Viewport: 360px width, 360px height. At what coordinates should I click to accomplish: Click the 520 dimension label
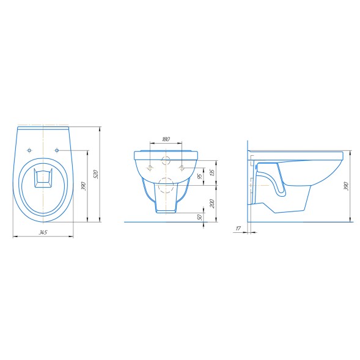(x=97, y=174)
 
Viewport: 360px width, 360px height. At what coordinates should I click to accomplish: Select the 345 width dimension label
(x=43, y=232)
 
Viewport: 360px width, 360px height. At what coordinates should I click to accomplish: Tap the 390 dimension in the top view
(x=84, y=186)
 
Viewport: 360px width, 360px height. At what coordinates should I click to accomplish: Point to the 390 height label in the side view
(x=347, y=186)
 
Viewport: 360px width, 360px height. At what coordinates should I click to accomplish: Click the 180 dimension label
(x=166, y=139)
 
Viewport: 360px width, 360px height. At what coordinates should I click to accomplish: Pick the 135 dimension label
(x=212, y=172)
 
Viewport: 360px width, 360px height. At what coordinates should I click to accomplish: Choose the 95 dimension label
(x=200, y=176)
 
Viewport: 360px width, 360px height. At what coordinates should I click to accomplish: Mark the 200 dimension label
(x=212, y=204)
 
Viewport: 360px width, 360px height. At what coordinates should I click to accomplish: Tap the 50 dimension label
(x=200, y=217)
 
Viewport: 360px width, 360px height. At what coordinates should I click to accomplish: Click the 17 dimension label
(x=238, y=229)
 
